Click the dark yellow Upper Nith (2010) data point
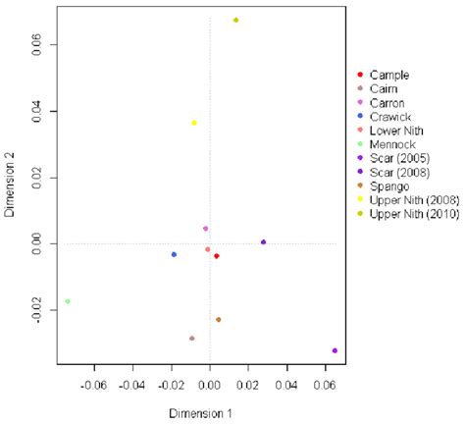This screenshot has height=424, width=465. [x=235, y=21]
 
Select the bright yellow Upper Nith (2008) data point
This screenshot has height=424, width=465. [x=194, y=123]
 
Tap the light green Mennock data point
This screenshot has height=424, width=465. [x=68, y=301]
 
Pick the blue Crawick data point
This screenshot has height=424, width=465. [x=174, y=254]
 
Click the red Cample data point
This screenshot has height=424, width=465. [x=217, y=256]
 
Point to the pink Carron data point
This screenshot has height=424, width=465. [x=205, y=229]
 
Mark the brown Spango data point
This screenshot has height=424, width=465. [x=218, y=319]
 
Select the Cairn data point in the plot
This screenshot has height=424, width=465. [x=191, y=338]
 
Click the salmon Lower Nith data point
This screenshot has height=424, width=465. [x=207, y=249]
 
